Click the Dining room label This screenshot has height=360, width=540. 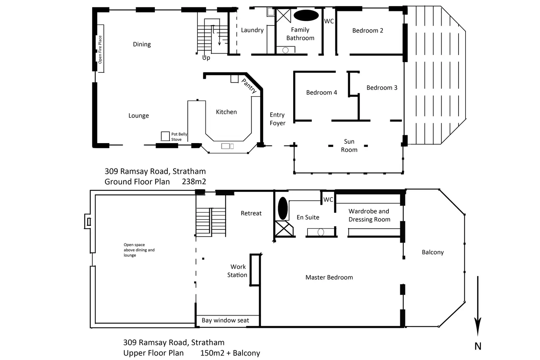click(x=142, y=44)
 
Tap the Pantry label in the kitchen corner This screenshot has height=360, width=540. click(x=249, y=86)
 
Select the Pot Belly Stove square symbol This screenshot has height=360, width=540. click(x=165, y=136)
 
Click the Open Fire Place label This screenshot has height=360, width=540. click(x=100, y=50)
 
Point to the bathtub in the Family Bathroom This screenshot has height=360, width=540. click(x=306, y=15)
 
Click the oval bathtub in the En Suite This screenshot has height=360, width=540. click(x=283, y=208)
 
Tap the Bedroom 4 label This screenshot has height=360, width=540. click(x=322, y=92)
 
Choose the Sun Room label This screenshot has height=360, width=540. click(x=349, y=146)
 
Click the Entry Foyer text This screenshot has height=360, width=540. click(x=277, y=119)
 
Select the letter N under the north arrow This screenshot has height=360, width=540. click(x=478, y=346)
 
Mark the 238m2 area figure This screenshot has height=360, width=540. click(x=194, y=182)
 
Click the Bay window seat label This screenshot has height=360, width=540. click(x=225, y=320)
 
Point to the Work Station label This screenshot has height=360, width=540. click(x=237, y=271)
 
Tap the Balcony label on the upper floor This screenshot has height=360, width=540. click(x=433, y=252)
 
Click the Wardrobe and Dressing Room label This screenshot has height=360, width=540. click(x=369, y=215)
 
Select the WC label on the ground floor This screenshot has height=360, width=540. click(x=329, y=21)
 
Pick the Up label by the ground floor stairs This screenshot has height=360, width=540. click(x=206, y=58)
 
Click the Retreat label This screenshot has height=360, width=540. click(x=251, y=213)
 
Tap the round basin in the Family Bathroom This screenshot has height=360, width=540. click(x=285, y=50)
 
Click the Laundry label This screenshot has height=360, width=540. click(x=252, y=30)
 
